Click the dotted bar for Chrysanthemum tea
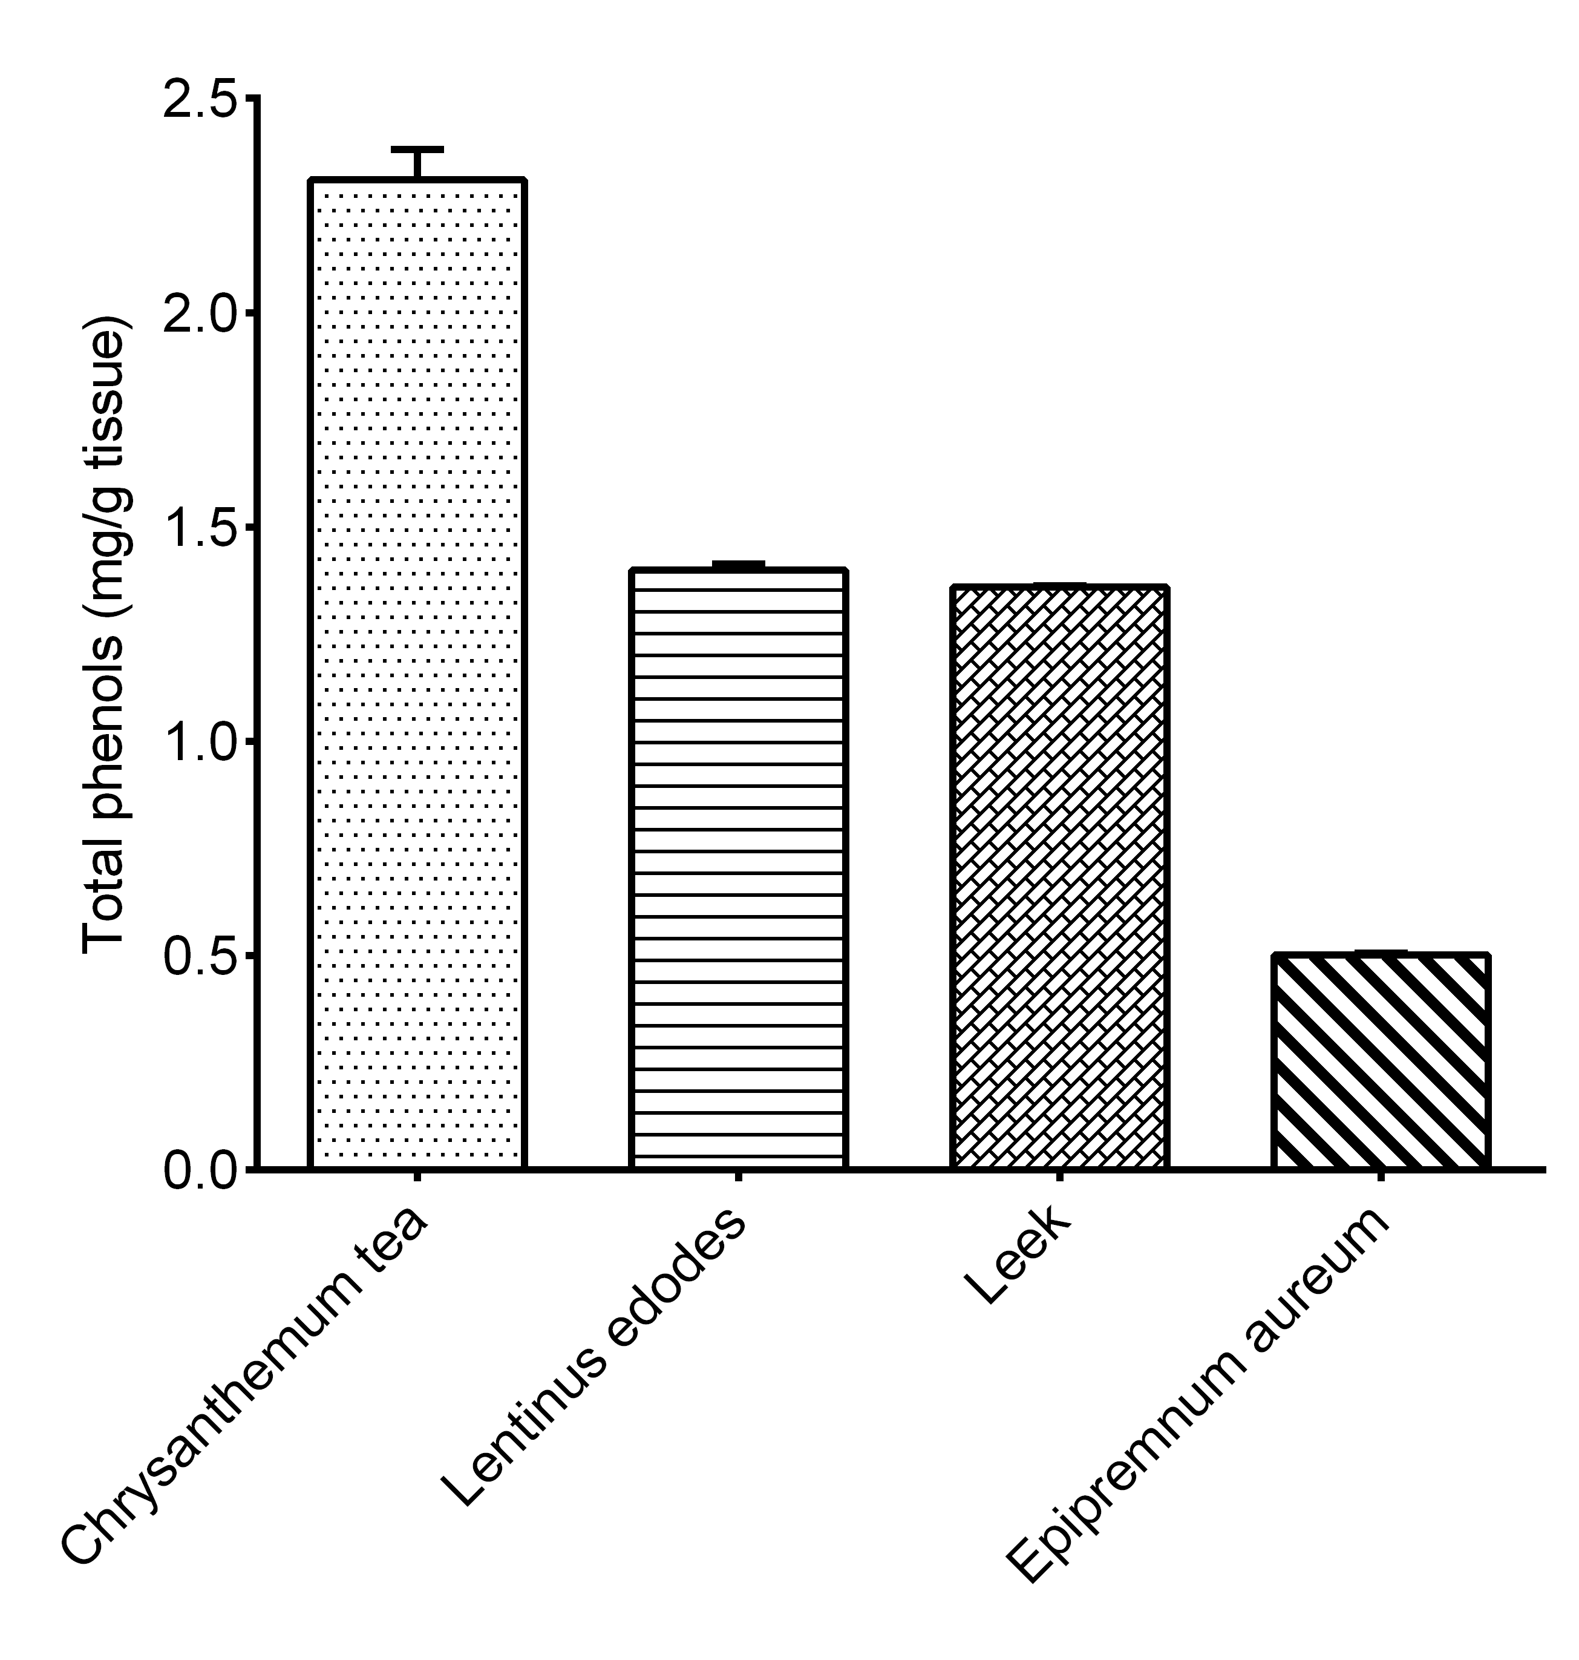tap(418, 674)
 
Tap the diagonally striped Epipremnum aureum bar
tap(1381, 1061)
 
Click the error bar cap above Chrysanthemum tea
tap(418, 150)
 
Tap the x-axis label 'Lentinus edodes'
tap(593, 1355)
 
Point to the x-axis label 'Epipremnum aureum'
tap(1195, 1393)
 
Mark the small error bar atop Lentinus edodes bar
tap(737, 564)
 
